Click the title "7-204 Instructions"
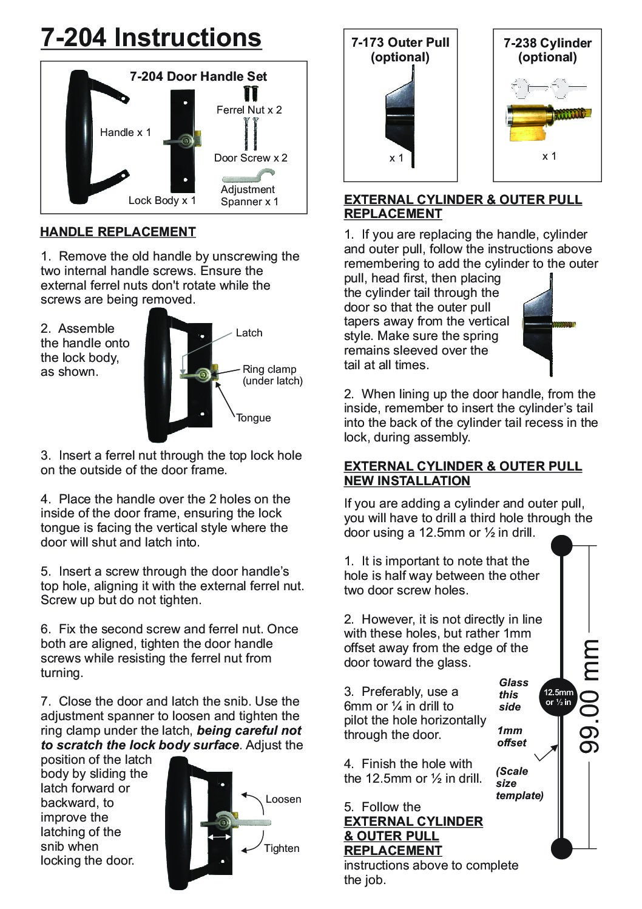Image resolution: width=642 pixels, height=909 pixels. pos(151,38)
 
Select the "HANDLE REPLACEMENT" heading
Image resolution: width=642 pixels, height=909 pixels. pos(118,232)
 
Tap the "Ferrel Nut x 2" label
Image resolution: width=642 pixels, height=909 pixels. pos(249,110)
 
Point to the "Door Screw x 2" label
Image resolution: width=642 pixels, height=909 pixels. pos(251,158)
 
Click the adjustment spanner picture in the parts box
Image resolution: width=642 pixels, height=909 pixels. pos(248,175)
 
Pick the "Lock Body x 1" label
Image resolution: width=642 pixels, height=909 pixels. pos(162,200)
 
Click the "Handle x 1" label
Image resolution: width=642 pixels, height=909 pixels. pos(126,132)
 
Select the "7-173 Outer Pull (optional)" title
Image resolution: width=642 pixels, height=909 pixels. pos(400,50)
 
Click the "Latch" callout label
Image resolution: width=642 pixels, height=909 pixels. pos(249,333)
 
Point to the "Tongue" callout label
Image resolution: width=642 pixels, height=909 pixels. pos(254,418)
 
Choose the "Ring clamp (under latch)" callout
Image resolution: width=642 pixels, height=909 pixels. pos(272,375)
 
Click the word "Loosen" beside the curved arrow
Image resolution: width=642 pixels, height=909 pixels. pos(283,800)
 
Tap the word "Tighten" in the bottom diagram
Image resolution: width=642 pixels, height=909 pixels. pos(282,848)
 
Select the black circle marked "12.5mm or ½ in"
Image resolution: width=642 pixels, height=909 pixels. pos(558,697)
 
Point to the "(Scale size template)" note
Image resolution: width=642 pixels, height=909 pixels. pos(519,783)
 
